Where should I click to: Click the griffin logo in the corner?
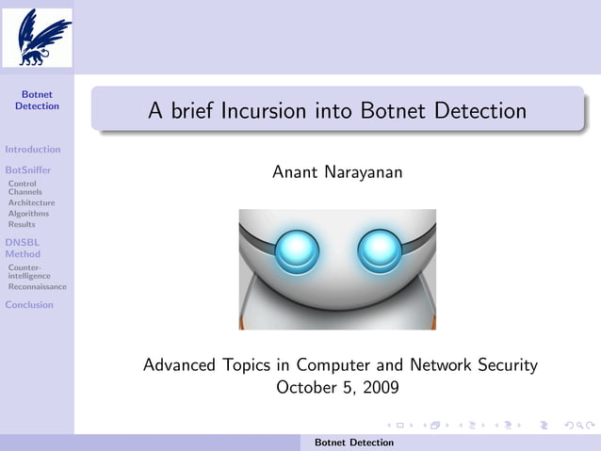[x=37, y=37]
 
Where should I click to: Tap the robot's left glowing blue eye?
[x=298, y=250]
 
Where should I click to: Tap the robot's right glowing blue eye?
[x=380, y=250]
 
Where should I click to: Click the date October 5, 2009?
[x=337, y=386]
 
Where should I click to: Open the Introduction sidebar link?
[x=33, y=149]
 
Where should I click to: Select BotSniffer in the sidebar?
[x=28, y=169]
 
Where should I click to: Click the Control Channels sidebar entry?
[x=25, y=187]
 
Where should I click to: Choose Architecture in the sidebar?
[x=32, y=202]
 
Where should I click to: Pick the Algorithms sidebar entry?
[x=29, y=214]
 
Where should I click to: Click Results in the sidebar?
[x=22, y=224]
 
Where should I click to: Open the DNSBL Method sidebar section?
[x=23, y=248]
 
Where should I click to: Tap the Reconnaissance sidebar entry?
[x=38, y=286]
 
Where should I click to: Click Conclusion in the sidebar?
[x=29, y=304]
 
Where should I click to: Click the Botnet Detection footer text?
[x=354, y=442]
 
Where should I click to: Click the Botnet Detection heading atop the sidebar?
[x=37, y=100]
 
